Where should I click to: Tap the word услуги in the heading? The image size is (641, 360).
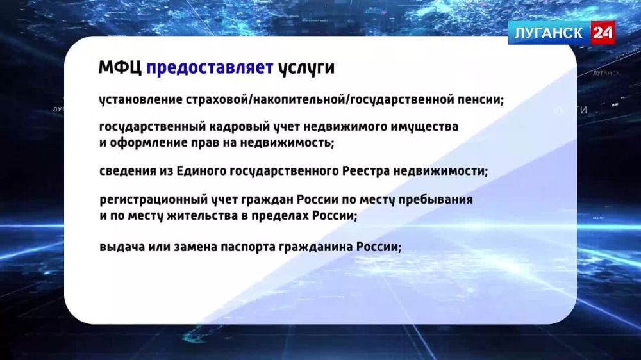click(306, 69)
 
